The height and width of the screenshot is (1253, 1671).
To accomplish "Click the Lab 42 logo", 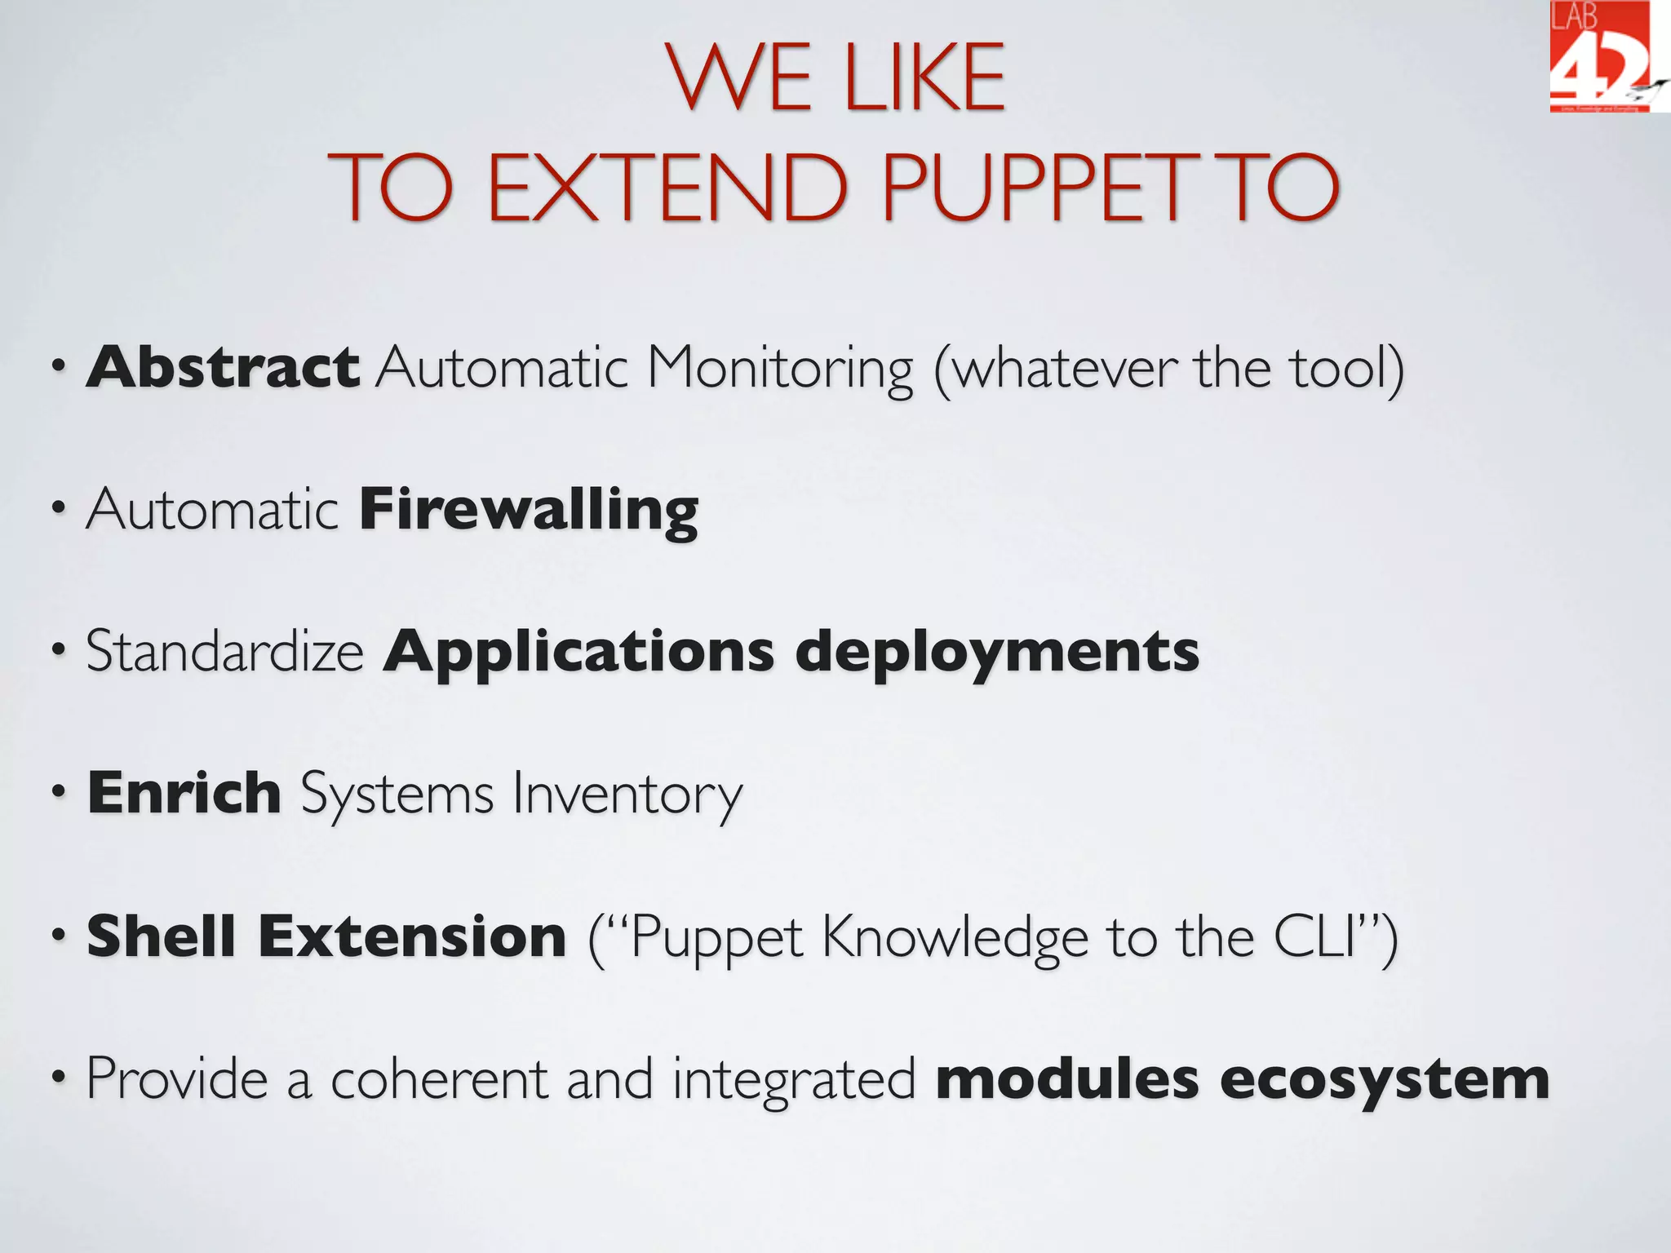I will [x=1601, y=57].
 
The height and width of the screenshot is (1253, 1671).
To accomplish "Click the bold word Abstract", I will [x=223, y=367].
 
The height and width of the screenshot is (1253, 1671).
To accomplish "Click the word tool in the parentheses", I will [x=1338, y=367].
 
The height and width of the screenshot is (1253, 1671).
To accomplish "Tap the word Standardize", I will [x=224, y=652].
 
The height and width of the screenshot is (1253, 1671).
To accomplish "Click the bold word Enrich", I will [x=184, y=793].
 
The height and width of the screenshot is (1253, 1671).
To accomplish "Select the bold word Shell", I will [x=161, y=936].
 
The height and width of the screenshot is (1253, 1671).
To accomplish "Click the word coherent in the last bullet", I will [x=439, y=1079].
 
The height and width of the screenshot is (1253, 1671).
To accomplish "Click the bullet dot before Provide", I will [x=58, y=1078].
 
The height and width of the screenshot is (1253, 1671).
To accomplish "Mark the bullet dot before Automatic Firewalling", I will [x=58, y=509].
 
